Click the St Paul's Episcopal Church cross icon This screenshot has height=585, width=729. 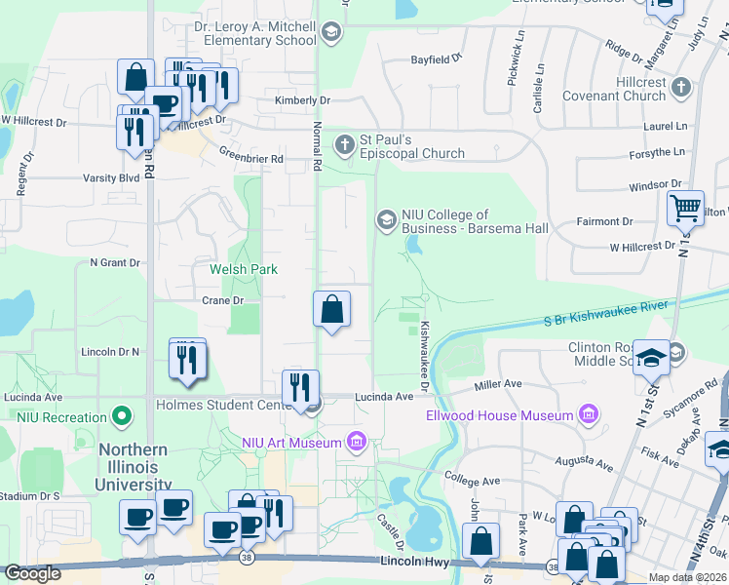[x=344, y=146]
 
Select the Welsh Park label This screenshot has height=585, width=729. [x=244, y=269]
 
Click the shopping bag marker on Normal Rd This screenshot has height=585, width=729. [x=332, y=310]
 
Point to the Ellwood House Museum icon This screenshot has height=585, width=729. [x=587, y=416]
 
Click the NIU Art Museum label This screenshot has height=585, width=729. [x=291, y=444]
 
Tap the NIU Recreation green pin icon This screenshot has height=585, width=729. [x=122, y=417]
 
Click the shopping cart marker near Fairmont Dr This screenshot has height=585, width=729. [x=685, y=209]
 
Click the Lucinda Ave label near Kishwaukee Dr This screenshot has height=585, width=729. [x=384, y=397]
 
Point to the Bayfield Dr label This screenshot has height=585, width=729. [x=436, y=59]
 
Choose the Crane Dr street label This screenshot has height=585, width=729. [x=222, y=300]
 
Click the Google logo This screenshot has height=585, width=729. [x=32, y=573]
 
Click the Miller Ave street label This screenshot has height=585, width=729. [x=499, y=385]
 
